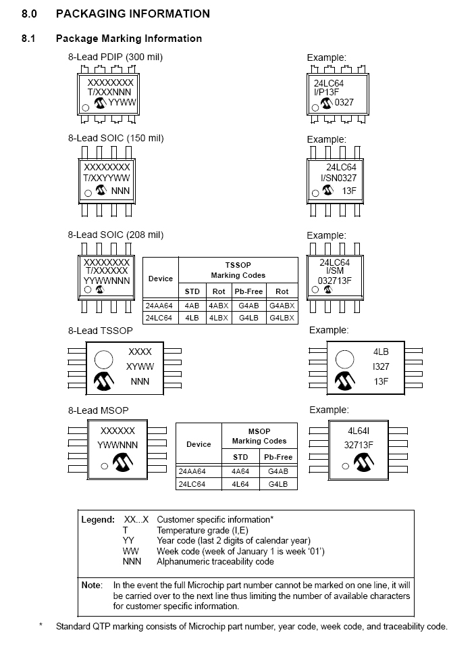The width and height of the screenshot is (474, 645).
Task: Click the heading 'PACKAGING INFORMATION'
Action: [133, 14]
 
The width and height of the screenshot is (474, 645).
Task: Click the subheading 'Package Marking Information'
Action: [129, 39]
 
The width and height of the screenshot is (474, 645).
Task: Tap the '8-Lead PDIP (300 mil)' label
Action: [115, 57]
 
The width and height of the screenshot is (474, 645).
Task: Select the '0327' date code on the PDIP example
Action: [344, 103]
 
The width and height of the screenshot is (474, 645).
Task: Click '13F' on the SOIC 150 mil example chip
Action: [349, 191]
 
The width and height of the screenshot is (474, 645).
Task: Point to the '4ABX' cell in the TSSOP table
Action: [218, 306]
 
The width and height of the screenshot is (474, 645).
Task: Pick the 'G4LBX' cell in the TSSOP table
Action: [282, 318]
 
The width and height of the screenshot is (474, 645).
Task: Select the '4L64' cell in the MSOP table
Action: [240, 485]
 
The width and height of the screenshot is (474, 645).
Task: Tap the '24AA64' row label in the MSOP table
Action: [193, 471]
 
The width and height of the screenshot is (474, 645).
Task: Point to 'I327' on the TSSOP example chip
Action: [380, 366]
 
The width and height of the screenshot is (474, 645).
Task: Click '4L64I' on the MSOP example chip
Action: [358, 431]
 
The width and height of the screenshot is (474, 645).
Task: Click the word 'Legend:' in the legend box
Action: [98, 520]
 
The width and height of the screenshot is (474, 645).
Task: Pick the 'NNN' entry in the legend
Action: [132, 561]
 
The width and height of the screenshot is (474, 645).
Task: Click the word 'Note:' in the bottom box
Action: [93, 585]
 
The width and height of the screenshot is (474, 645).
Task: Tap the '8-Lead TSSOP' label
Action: [100, 331]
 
